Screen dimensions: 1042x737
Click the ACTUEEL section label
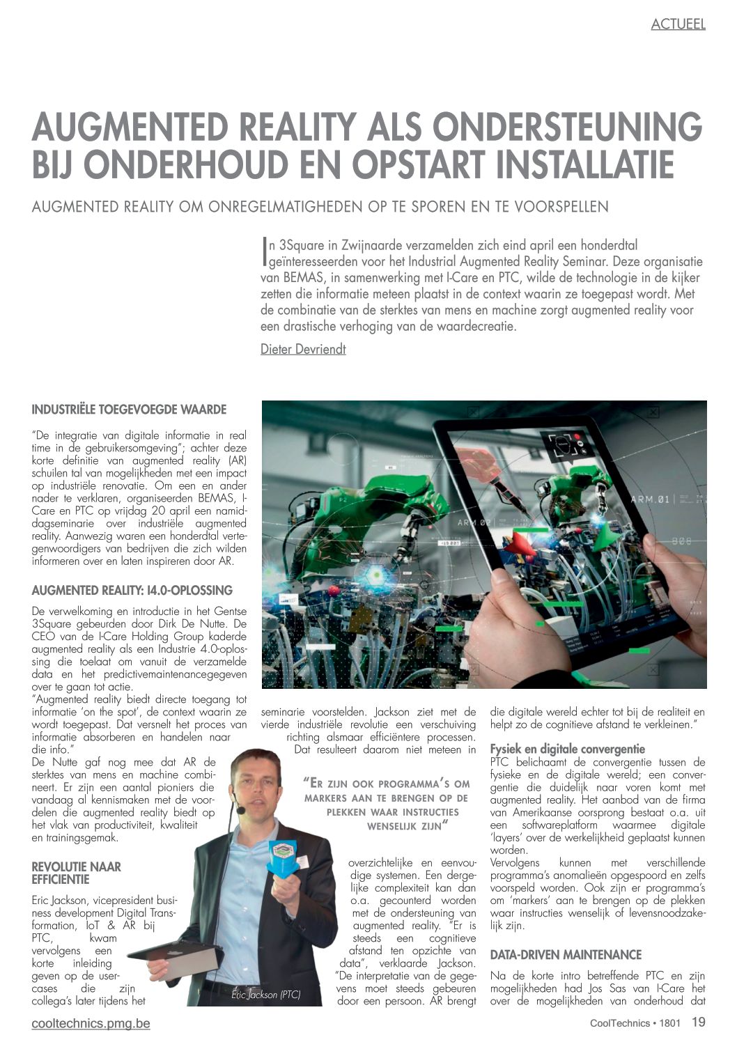tap(678, 24)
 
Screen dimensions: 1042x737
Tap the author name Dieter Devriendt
tap(303, 349)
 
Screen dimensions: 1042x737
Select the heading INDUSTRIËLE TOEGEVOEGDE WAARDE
tap(129, 410)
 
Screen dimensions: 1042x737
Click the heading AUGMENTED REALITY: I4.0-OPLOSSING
tap(132, 591)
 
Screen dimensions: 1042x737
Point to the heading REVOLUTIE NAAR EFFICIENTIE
tap(76, 873)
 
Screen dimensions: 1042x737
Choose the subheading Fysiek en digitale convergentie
tap(568, 749)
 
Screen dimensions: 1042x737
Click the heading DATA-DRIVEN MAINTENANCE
tap(566, 954)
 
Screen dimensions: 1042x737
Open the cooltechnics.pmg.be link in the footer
tap(91, 1023)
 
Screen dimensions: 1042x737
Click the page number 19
tap(698, 1022)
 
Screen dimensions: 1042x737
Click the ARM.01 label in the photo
tap(649, 499)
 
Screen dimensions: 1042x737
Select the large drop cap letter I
tap(265, 253)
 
